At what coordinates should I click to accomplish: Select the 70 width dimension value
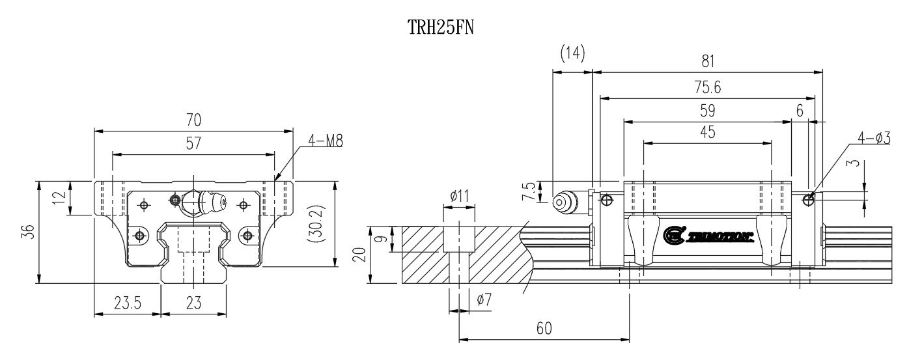tap(193, 120)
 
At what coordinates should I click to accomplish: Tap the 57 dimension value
tap(193, 145)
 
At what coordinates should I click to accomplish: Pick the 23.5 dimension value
tap(128, 303)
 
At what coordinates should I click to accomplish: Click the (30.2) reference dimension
tap(314, 231)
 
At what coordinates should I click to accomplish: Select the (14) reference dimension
tap(572, 53)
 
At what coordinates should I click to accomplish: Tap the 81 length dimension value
tap(708, 61)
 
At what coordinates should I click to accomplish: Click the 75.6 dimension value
tap(708, 87)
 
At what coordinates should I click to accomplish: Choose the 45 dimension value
tap(708, 132)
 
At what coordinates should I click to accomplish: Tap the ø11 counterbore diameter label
tap(460, 195)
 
